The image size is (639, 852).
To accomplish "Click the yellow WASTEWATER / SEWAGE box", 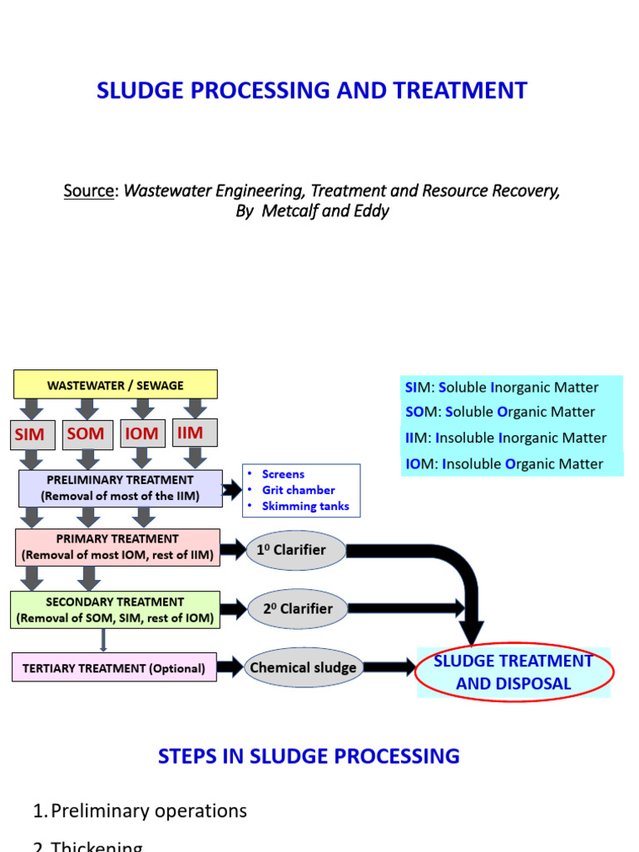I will coord(116,385).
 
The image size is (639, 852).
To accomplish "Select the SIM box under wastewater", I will coord(29,434).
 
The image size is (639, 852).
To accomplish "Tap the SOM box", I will coord(86,433).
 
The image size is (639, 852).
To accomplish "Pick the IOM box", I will coord(142,433).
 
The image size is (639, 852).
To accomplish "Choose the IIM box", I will coord(196,433).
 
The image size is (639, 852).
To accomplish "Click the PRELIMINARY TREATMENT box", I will coord(120,488).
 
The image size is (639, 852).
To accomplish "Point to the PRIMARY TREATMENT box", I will coord(117,547).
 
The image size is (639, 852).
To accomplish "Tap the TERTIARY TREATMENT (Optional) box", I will coord(115,668).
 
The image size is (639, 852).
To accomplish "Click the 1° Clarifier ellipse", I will coord(296,551).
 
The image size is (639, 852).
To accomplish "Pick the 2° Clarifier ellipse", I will coord(297,609).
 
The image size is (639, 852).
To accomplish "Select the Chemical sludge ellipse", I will coord(303,667).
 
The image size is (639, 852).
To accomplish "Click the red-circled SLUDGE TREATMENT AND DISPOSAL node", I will coord(513,672).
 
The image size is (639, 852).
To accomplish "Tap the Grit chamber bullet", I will coord(298,490).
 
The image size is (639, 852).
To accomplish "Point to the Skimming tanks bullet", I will coord(305,506).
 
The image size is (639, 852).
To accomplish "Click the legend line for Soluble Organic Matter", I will coord(500,412).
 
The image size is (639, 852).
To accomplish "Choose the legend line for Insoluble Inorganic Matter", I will coord(506,438).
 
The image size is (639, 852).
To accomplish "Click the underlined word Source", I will coord(88,191).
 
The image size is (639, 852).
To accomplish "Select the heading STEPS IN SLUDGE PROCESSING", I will coord(309,755).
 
